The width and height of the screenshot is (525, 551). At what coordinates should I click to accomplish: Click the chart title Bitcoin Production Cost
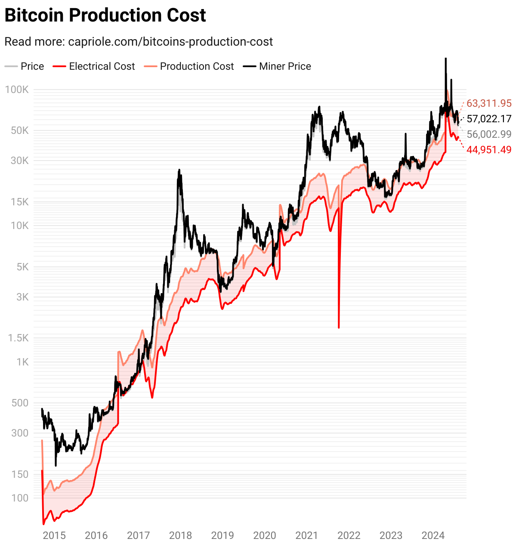[105, 15]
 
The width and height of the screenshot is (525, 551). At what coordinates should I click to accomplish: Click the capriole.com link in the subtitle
[170, 42]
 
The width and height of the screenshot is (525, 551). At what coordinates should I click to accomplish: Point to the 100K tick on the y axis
[17, 90]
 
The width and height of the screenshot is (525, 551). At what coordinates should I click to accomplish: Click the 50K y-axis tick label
[20, 130]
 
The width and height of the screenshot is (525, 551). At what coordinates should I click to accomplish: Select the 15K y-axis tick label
[20, 202]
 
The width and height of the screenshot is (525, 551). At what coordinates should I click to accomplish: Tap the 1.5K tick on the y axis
[18, 338]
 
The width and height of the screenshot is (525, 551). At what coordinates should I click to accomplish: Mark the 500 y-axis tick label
[20, 403]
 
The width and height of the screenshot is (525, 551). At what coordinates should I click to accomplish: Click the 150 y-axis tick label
[20, 474]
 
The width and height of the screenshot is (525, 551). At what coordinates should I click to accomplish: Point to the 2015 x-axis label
[54, 536]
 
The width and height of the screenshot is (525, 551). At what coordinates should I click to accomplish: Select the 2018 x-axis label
[180, 536]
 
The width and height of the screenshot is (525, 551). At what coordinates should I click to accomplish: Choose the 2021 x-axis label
[306, 536]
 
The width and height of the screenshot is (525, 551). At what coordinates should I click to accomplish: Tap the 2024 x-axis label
[433, 536]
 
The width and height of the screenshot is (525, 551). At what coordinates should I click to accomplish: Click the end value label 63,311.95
[489, 103]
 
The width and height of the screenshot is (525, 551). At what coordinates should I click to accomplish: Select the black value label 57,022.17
[489, 119]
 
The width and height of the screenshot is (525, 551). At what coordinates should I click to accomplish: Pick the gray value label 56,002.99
[489, 134]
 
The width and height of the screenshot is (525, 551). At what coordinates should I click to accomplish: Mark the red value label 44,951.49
[489, 150]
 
